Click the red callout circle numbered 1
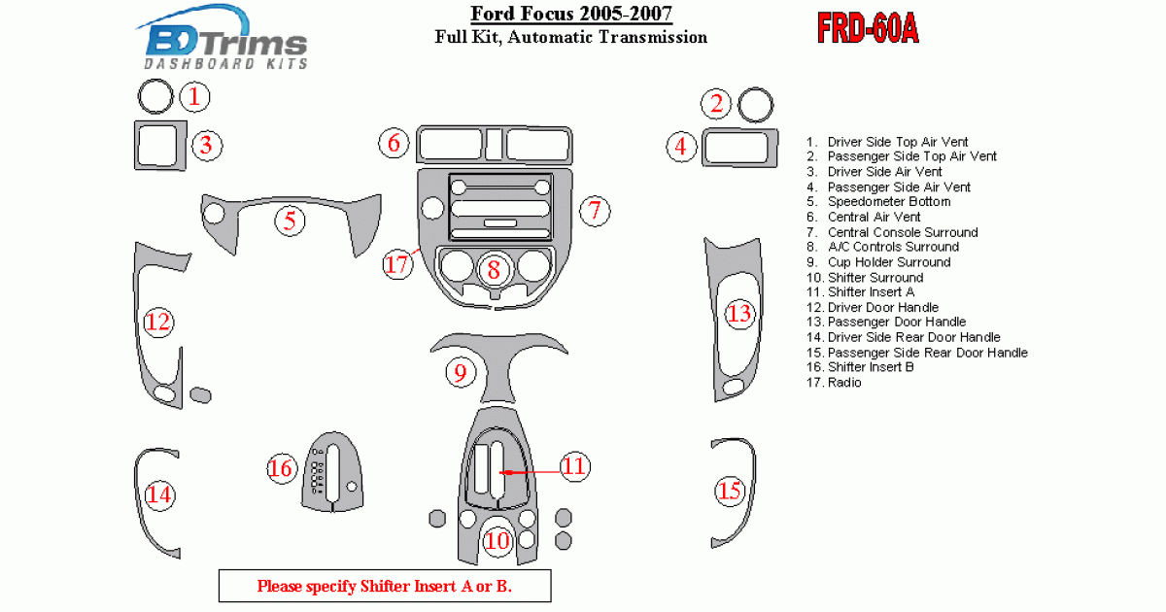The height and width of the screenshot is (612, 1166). [195, 96]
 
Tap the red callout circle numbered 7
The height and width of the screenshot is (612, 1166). [595, 209]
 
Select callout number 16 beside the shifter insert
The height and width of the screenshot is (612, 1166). [281, 469]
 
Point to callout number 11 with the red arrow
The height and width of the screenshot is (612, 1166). [574, 466]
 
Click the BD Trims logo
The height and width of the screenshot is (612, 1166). [226, 43]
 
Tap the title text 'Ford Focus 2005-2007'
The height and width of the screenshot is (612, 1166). [570, 14]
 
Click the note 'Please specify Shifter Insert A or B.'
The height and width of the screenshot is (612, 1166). [384, 586]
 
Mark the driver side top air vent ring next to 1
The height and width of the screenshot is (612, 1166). [154, 97]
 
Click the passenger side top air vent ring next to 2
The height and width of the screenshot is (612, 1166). [755, 105]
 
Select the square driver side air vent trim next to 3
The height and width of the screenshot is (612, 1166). [157, 147]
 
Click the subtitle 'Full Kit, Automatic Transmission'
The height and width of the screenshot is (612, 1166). [570, 38]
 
